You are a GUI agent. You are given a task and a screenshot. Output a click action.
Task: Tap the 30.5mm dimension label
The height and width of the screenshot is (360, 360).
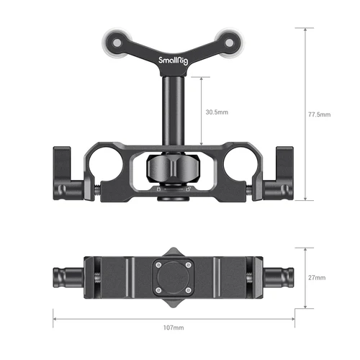coord(217,112)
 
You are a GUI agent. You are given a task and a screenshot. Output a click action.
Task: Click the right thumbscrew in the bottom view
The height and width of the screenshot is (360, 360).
coord(279,276)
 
